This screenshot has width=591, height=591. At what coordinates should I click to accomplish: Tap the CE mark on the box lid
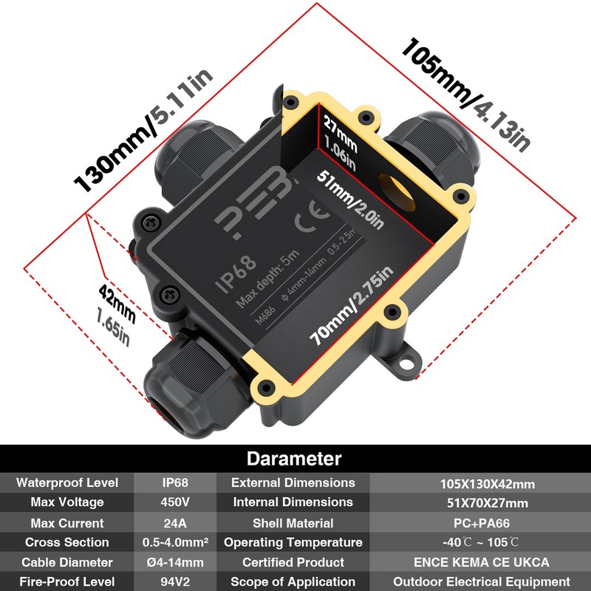pyautogui.click(x=307, y=223)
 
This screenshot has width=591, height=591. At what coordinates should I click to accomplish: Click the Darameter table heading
pyautogui.click(x=294, y=459)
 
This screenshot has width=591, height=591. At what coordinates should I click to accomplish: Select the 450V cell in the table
pyautogui.click(x=175, y=502)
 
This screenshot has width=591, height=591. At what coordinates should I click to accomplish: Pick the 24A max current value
pyautogui.click(x=175, y=523)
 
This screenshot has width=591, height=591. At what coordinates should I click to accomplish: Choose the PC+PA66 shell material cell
pyautogui.click(x=480, y=523)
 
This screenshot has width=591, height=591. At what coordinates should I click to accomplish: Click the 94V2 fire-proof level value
pyautogui.click(x=175, y=582)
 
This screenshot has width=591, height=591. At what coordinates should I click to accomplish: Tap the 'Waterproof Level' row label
pyautogui.click(x=67, y=483)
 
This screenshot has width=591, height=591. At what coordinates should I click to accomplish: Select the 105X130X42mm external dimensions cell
pyautogui.click(x=480, y=485)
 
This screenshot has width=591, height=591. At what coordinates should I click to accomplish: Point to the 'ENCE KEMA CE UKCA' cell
pyautogui.click(x=480, y=563)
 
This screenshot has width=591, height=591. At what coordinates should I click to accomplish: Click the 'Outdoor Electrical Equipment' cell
pyautogui.click(x=480, y=582)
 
